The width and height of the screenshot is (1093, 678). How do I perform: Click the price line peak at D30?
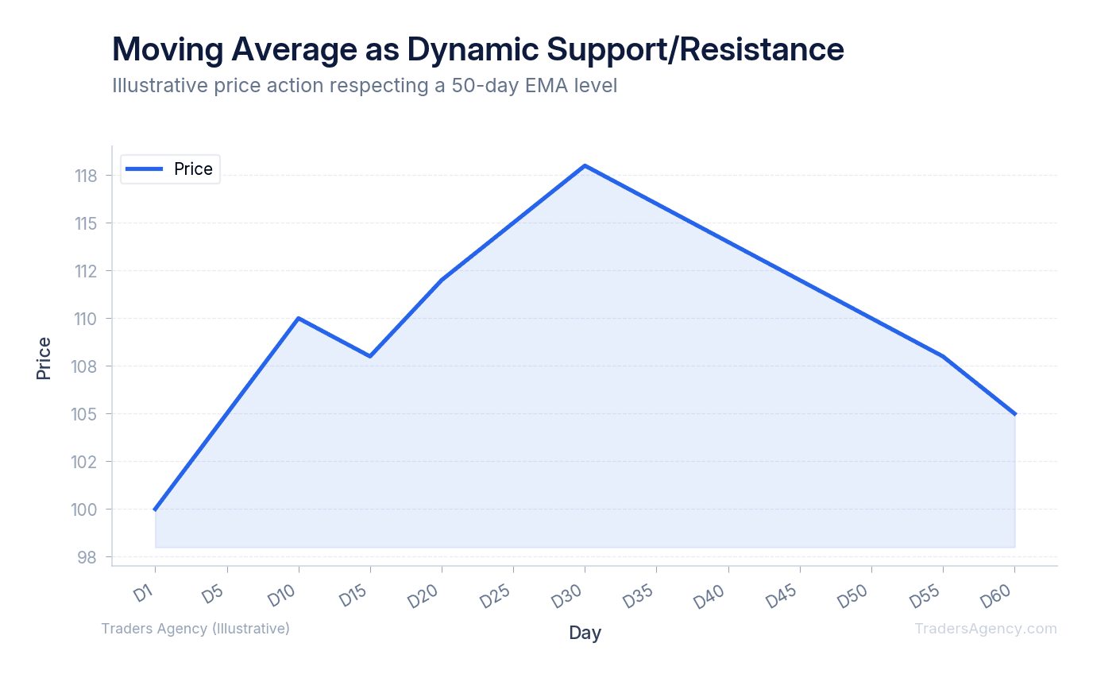coord(585,165)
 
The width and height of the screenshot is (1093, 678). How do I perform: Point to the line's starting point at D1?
coord(156,509)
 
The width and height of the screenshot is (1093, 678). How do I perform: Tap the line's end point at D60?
coord(1014,414)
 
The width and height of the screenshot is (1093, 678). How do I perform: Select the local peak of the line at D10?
coord(299,318)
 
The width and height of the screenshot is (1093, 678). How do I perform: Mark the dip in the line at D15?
coord(370,356)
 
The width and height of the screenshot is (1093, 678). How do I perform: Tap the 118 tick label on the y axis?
coord(86,176)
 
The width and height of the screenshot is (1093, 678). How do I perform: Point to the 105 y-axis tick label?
coord(86,414)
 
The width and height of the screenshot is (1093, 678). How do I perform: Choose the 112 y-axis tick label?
coord(86,271)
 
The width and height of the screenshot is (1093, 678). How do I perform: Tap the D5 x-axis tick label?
coord(211,595)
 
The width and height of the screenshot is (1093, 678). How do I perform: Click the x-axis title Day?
coord(585,633)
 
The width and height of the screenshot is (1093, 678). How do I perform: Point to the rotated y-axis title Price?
coord(44,358)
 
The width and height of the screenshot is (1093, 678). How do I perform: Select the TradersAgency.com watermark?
coord(985,629)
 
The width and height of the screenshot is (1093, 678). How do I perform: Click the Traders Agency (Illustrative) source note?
coord(195,629)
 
